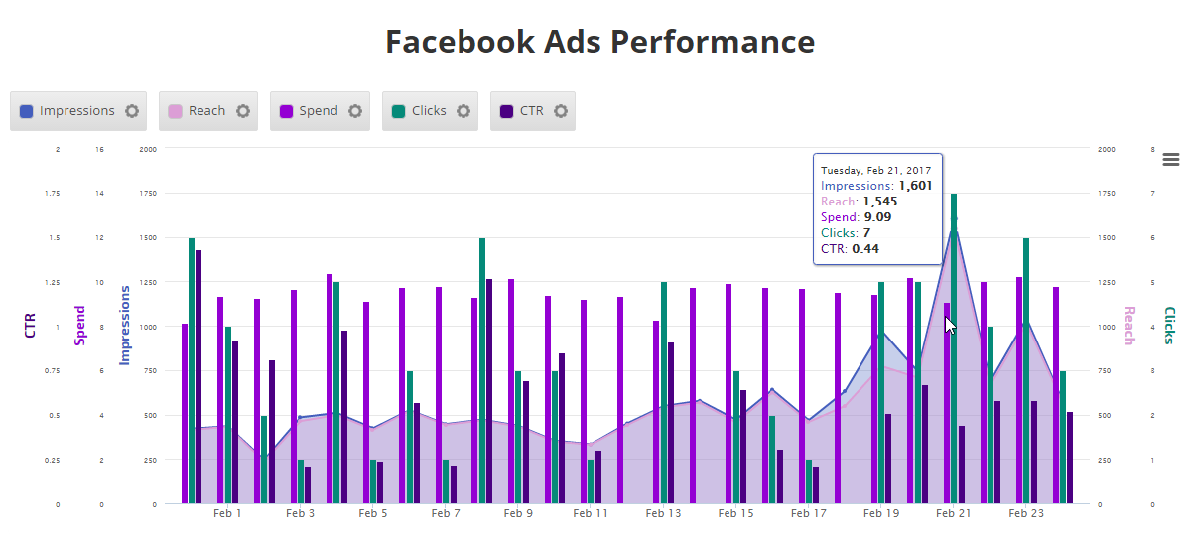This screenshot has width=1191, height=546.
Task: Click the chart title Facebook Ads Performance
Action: pos(599,42)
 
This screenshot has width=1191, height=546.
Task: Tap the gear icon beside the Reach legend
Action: pos(243,111)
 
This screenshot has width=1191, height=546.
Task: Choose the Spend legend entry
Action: pos(309,111)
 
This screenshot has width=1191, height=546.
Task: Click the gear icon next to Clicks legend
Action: pos(463,111)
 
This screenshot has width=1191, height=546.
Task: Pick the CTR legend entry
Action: pos(522,111)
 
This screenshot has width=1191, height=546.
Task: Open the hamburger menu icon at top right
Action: pos(1170,159)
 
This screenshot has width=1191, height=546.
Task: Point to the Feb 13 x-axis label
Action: pos(663,513)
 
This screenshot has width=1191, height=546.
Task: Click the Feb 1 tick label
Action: pos(227,513)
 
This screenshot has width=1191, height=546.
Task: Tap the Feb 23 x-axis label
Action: pos(1026,513)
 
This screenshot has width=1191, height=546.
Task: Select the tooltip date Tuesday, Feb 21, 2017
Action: pos(875,170)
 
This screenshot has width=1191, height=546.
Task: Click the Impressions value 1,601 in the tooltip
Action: pos(915,186)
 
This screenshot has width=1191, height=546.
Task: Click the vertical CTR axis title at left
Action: pos(30,326)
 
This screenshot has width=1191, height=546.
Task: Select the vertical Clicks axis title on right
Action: pos(1169,326)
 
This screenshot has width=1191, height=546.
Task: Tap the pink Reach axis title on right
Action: pos(1128,326)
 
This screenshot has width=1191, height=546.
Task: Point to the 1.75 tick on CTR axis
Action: pos(53,194)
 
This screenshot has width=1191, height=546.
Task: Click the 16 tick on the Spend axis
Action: pos(99,149)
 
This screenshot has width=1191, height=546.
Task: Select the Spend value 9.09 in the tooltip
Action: pos(877,217)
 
